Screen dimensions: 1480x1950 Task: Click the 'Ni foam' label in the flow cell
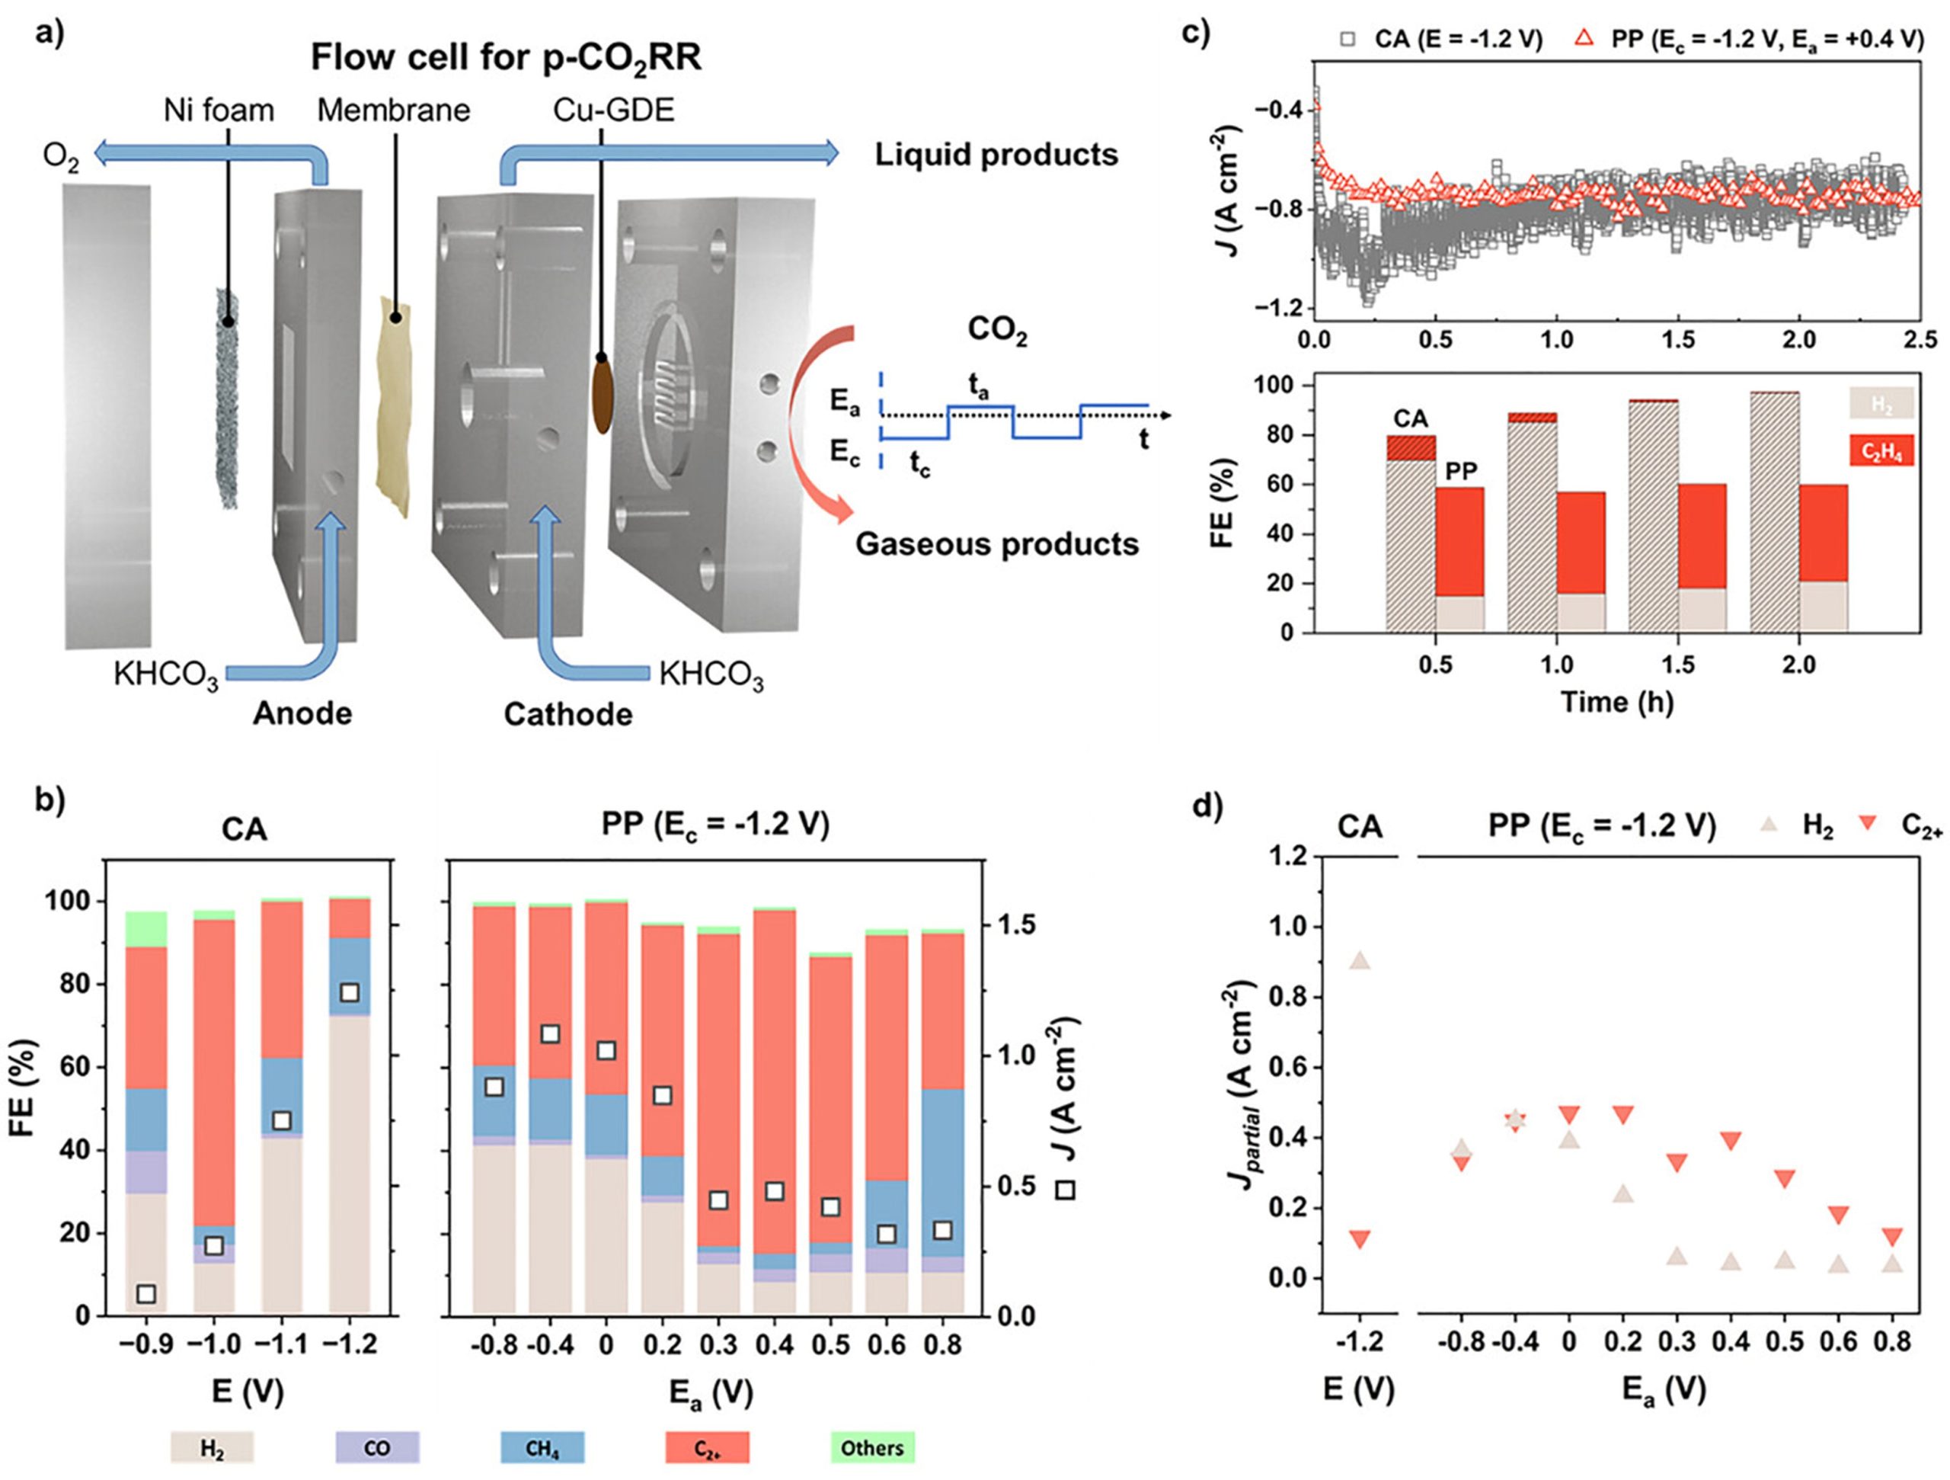point(219,111)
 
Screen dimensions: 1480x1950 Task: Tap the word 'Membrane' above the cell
point(393,111)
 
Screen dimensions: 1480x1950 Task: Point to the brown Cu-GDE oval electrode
point(603,393)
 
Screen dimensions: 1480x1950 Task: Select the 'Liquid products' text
point(996,155)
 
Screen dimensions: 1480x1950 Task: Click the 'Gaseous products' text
point(996,544)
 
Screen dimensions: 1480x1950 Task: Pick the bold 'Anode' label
point(302,713)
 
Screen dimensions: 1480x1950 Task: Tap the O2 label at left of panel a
point(60,158)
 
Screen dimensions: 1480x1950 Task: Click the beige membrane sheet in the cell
point(394,405)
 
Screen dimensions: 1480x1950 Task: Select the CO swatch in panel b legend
point(376,1447)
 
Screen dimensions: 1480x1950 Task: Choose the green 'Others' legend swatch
point(872,1447)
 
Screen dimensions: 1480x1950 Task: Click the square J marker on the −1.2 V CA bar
point(349,992)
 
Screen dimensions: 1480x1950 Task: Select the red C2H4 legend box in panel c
point(1881,453)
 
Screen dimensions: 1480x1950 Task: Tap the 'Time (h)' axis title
point(1617,701)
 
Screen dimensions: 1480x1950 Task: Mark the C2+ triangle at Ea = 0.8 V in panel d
point(1892,1238)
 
